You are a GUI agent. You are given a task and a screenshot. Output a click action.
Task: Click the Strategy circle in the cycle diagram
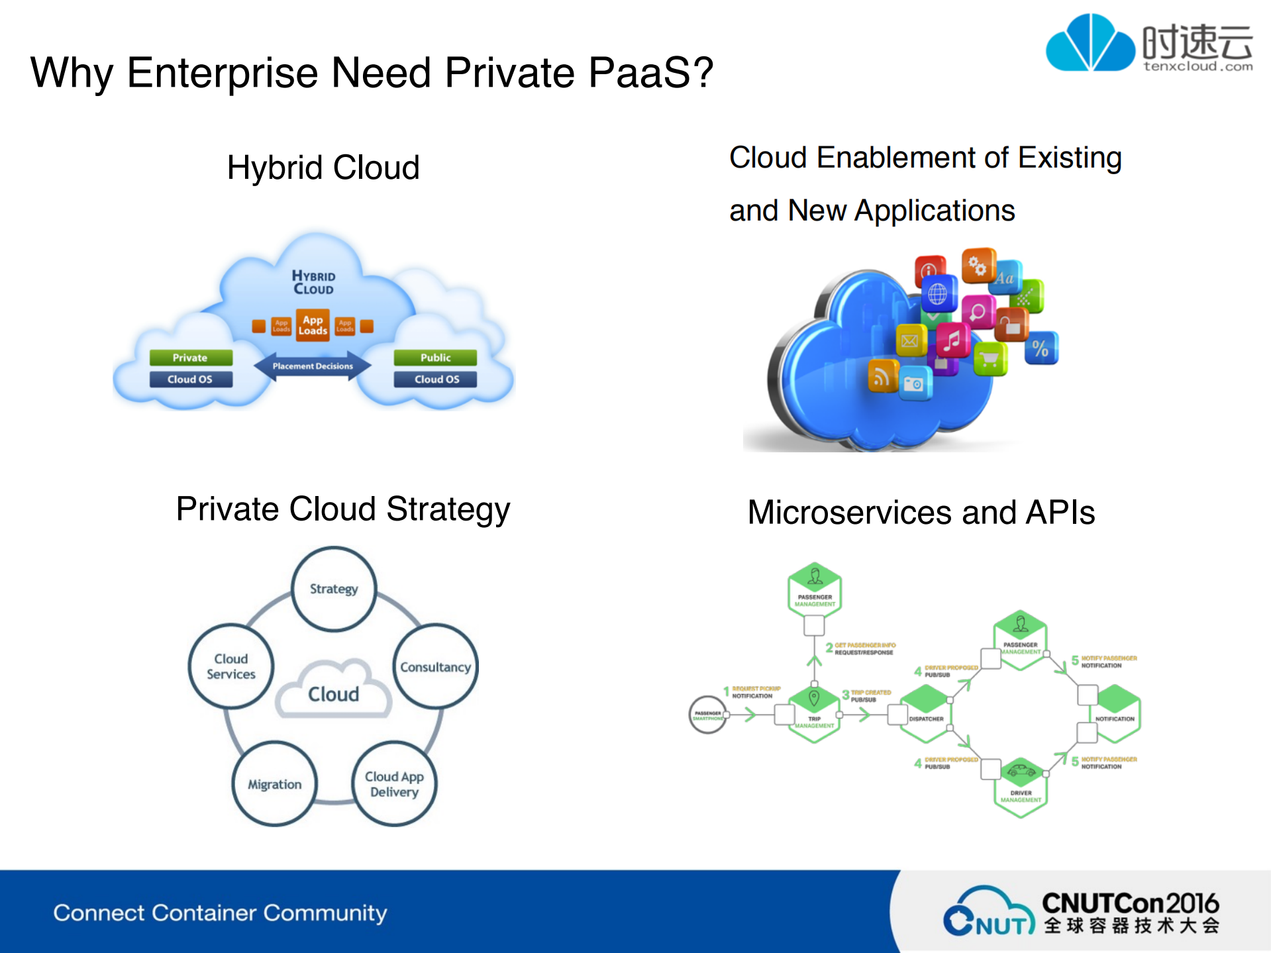(x=334, y=589)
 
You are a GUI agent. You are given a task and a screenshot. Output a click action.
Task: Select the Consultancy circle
(x=436, y=666)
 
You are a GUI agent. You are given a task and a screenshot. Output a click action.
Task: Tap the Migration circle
(x=274, y=784)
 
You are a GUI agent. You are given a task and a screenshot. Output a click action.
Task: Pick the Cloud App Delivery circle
(x=394, y=784)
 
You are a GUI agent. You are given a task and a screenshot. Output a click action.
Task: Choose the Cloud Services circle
(x=230, y=666)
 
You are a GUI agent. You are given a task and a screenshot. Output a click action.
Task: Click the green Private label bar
(x=191, y=358)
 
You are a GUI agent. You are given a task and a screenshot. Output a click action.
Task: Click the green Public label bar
(x=435, y=358)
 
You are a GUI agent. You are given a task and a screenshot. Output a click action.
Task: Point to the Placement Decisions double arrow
(x=313, y=366)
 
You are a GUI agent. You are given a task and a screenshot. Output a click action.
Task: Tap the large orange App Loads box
(x=313, y=325)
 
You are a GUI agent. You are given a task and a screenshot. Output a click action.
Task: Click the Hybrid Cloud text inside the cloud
(x=314, y=282)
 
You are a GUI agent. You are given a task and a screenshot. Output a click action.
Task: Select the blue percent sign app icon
(x=1041, y=348)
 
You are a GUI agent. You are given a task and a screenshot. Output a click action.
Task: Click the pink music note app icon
(x=952, y=340)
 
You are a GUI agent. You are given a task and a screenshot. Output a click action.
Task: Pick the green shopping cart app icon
(x=990, y=360)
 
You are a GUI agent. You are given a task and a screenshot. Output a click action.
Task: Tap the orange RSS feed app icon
(x=882, y=377)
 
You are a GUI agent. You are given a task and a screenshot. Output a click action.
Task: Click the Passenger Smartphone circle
(x=707, y=715)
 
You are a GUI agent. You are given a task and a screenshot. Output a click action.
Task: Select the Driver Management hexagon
(x=1021, y=787)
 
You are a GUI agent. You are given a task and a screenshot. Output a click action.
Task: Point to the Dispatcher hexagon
(x=926, y=714)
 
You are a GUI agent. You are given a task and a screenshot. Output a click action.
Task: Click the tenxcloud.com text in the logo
(x=1197, y=66)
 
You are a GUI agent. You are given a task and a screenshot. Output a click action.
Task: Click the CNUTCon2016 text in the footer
(x=1130, y=903)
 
